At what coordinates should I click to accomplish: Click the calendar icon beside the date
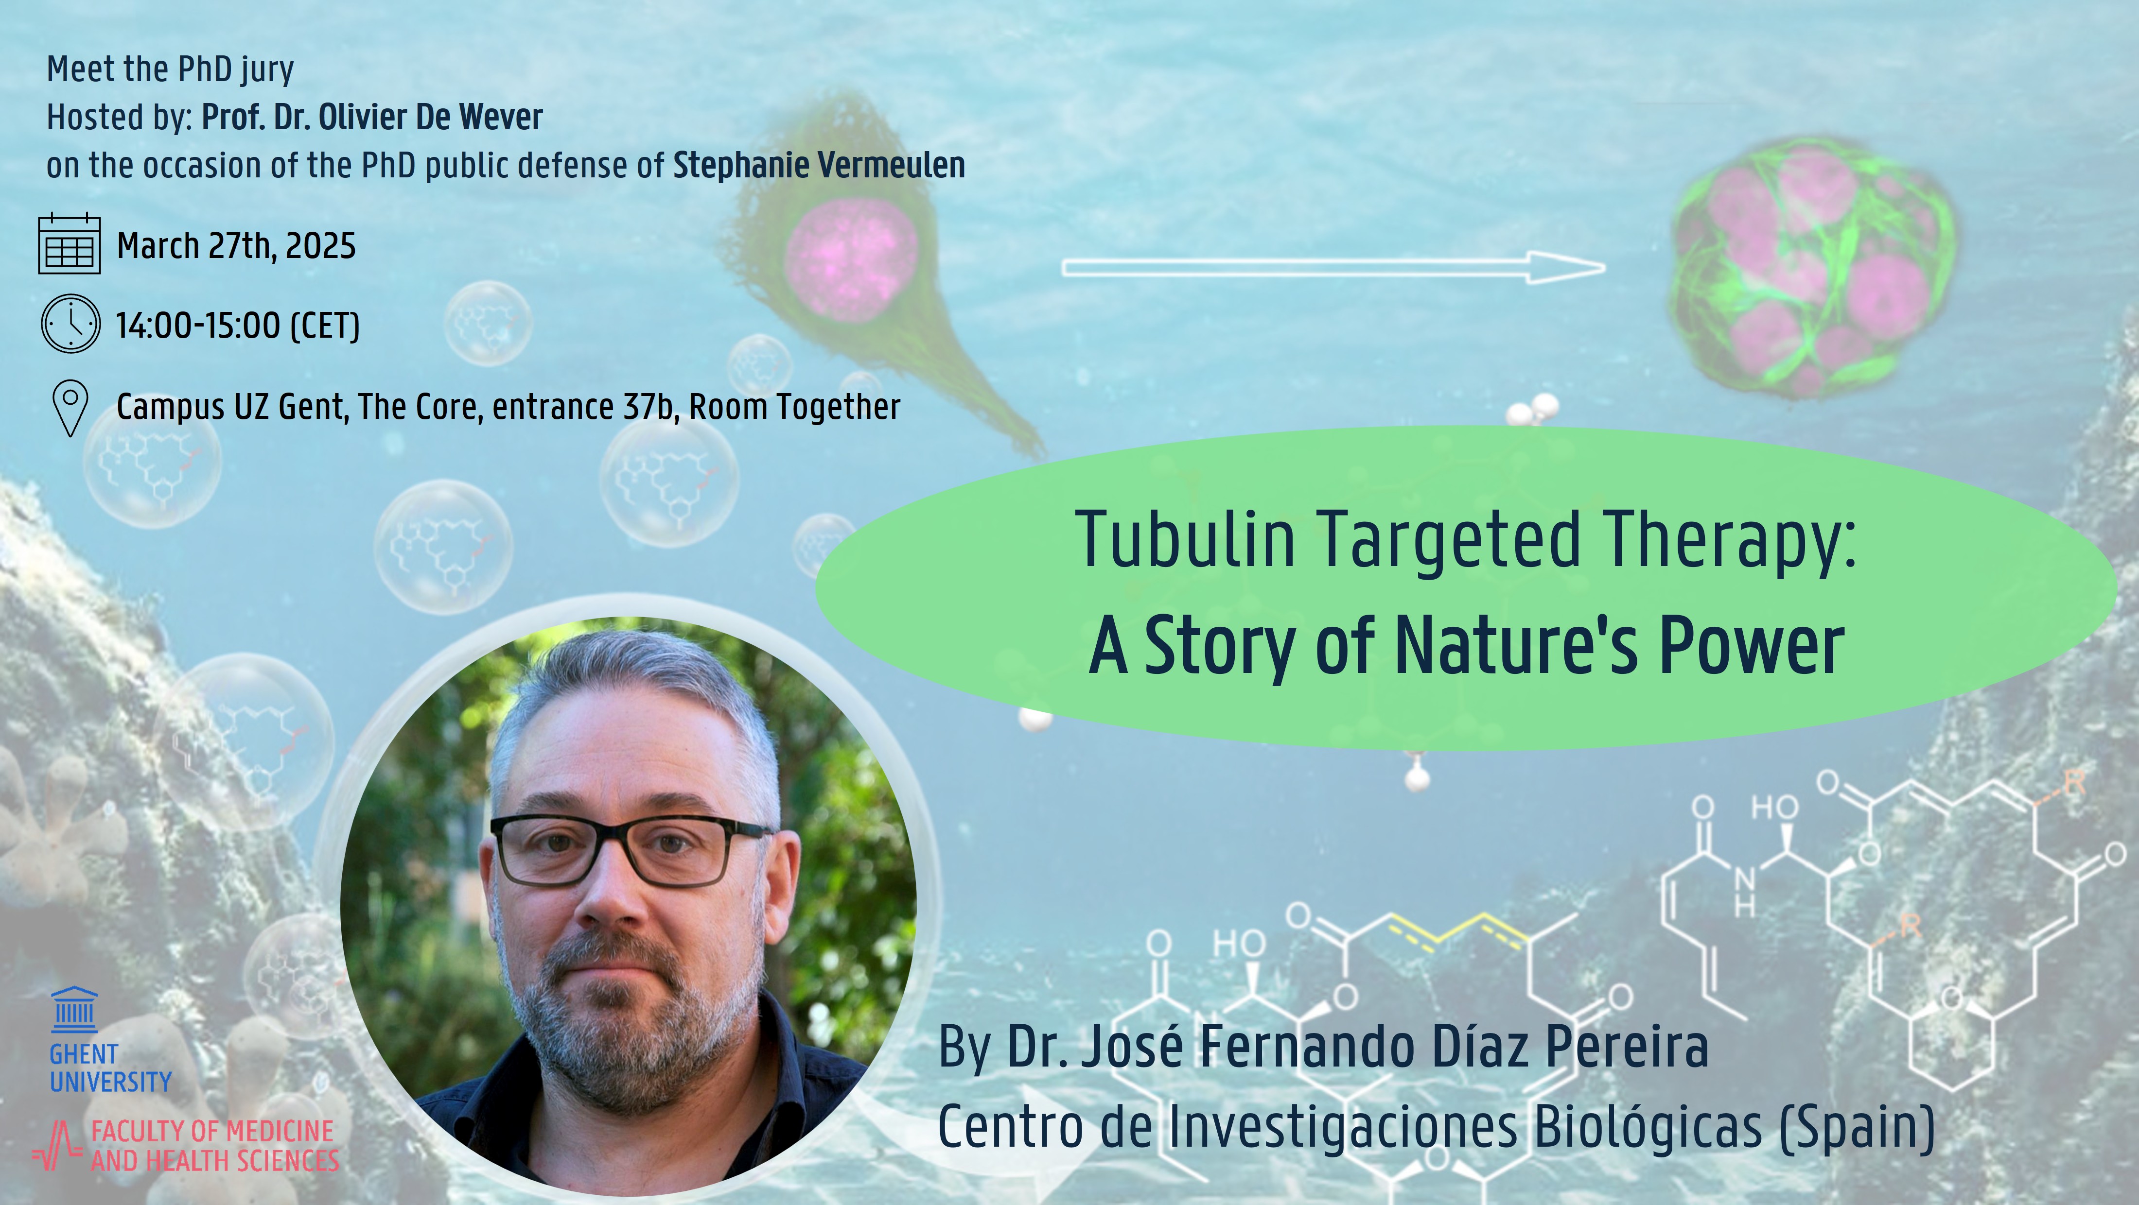pyautogui.click(x=70, y=244)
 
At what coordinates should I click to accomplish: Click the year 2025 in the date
pyautogui.click(x=320, y=246)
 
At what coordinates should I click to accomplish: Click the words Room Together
pyautogui.click(x=795, y=407)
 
